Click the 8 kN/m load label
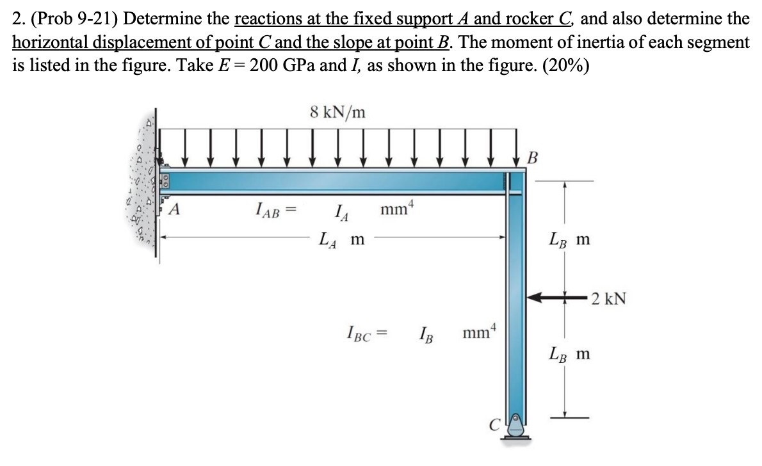337,112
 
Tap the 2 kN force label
608,298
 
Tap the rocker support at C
515,428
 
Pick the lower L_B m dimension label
569,353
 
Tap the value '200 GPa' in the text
282,66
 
